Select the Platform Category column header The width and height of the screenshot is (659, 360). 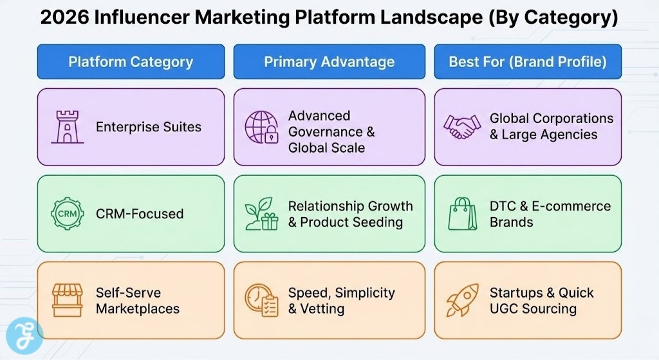tap(131, 62)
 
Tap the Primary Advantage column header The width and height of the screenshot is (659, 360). tap(329, 62)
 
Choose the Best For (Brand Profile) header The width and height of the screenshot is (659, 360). tap(528, 62)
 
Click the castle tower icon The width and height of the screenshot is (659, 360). tap(67, 127)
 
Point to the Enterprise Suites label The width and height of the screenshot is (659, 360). tap(149, 127)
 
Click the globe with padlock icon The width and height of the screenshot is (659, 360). tap(262, 127)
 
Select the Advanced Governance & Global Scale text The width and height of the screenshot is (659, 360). tap(331, 131)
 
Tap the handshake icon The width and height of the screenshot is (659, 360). tap(462, 127)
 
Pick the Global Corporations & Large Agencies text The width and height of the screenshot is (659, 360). tap(551, 127)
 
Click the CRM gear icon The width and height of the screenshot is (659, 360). tap(67, 214)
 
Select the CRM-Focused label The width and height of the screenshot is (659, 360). tap(140, 214)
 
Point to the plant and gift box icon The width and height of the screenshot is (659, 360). tap(261, 214)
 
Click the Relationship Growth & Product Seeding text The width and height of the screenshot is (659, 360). tap(350, 214)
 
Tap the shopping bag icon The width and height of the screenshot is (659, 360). tap(463, 214)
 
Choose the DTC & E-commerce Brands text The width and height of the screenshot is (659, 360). tap(550, 214)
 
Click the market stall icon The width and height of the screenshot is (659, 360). tap(67, 300)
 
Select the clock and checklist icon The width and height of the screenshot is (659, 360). tap(261, 301)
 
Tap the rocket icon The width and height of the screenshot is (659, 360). tap(462, 300)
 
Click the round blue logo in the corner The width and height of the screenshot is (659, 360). tap(24, 336)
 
